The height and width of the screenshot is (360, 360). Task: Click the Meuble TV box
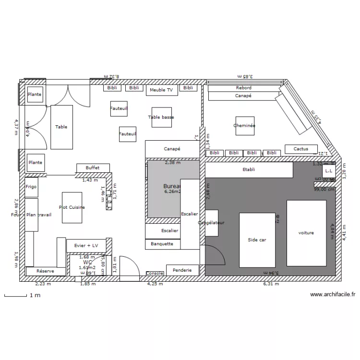[161, 90]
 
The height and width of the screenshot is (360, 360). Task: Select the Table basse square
[161, 117]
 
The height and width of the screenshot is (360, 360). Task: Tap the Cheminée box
[244, 126]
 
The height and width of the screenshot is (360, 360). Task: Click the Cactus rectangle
[301, 149]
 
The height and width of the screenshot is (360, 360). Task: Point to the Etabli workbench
[249, 169]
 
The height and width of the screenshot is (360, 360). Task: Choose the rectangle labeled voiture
[306, 233]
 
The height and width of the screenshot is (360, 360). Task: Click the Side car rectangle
[257, 240]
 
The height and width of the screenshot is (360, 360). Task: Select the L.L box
[329, 170]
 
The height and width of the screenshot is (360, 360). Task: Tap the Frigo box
[31, 187]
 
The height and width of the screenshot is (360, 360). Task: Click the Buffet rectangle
[93, 168]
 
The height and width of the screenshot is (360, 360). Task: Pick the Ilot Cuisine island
[72, 207]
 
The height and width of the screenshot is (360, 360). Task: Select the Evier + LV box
[86, 245]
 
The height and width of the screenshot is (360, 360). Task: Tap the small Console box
[155, 273]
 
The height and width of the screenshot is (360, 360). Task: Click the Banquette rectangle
[162, 244]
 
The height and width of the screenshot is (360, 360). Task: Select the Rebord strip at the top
[243, 88]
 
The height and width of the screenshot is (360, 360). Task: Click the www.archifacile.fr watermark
[332, 295]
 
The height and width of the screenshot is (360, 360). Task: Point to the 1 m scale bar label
[35, 296]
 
